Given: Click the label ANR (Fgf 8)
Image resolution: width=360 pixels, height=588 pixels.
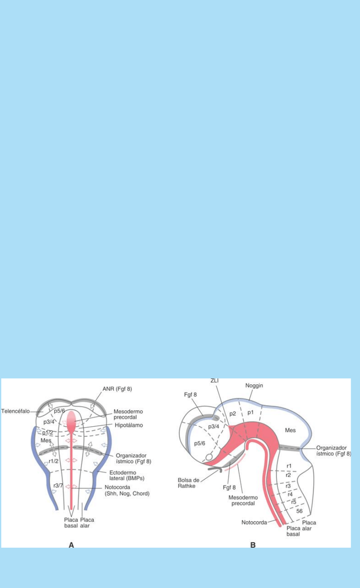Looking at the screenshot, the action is coord(117,389).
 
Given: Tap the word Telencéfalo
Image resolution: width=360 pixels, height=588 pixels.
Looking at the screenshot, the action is coord(15,411).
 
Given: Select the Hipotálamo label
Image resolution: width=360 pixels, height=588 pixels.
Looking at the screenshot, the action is coord(129,425).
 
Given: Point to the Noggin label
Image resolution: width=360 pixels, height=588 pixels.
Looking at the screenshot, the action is coord(254,386).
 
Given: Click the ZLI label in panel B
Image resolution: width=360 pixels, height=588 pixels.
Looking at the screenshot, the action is coord(215,381).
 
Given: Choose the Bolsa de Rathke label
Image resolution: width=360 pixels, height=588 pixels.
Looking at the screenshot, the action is coord(189,483).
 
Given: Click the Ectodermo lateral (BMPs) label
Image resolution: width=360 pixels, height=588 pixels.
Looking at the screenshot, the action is coord(127,475).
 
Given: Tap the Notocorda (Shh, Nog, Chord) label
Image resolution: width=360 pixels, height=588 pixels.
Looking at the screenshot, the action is coord(127,490).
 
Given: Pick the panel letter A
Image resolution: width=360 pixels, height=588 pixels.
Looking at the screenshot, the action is coord(71,545).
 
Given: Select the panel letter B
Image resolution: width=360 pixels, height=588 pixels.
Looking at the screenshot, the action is coord(253,545).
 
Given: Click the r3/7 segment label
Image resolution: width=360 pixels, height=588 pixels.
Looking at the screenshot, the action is coord(58,486).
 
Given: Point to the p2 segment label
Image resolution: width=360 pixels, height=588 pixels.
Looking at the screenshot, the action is coord(233,414).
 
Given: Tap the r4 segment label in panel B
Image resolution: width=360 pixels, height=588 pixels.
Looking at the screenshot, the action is coord(290,494).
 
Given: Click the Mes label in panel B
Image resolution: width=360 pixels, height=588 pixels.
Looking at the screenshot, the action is coord(290,430).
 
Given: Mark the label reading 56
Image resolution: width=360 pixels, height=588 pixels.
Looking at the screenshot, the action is coord(300,511).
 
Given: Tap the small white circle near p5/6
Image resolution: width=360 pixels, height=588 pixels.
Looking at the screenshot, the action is coord(209,457).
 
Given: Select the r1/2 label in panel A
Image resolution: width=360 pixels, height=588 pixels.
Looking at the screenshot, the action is coord(54,461).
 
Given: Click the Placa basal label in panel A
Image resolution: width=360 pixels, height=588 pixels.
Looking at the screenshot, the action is coord(71,522).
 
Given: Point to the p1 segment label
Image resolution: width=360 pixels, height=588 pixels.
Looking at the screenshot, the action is coord(250,412).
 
